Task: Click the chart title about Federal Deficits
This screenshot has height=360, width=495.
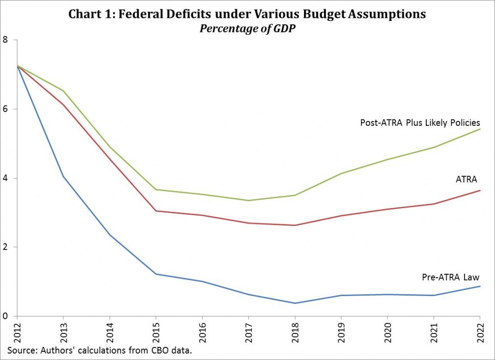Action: point(247,14)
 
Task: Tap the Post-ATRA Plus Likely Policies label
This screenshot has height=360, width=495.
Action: point(420,122)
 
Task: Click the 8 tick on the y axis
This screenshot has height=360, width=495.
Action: point(5,40)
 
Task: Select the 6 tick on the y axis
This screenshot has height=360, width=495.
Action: point(5,109)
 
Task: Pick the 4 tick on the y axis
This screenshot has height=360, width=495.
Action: point(5,178)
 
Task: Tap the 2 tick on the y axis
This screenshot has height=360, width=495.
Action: point(5,247)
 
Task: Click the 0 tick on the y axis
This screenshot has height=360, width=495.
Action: point(5,316)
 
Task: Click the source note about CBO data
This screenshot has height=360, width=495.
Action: point(100,350)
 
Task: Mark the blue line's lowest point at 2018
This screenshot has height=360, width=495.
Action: point(295,303)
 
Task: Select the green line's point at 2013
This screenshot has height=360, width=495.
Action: point(63,91)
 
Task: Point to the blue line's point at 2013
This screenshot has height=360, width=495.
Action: point(63,177)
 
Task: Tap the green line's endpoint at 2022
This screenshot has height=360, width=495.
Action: point(480,129)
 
